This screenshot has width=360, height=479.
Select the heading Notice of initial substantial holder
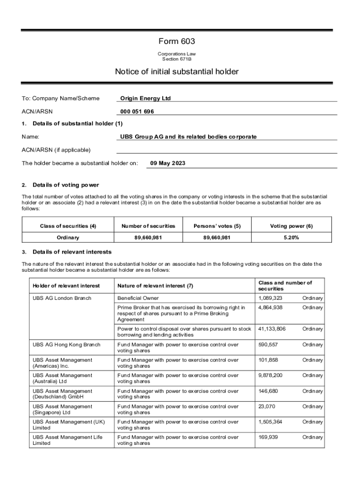tap(177, 72)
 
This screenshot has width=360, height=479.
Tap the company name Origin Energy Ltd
tap(145, 98)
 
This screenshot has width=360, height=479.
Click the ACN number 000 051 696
tap(137, 111)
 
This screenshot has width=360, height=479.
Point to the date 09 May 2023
tap(168, 163)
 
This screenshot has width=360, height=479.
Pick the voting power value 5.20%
tap(291, 238)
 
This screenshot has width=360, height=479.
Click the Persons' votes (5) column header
tap(217, 226)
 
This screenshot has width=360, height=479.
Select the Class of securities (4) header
tap(68, 226)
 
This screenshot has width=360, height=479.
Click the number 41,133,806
tap(272, 329)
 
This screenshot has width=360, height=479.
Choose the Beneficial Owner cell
tap(138, 298)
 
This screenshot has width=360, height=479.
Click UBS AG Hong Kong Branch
tap(66, 345)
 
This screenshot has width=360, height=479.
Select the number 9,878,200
tap(270, 376)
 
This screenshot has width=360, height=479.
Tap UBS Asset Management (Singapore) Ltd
tap(62, 409)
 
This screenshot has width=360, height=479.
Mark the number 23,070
tap(266, 406)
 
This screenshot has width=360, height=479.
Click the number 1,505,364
tap(270, 422)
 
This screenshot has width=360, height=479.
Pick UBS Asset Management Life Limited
tap(67, 440)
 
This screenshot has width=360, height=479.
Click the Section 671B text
tap(177, 59)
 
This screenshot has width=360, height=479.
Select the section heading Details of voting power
tap(66, 185)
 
